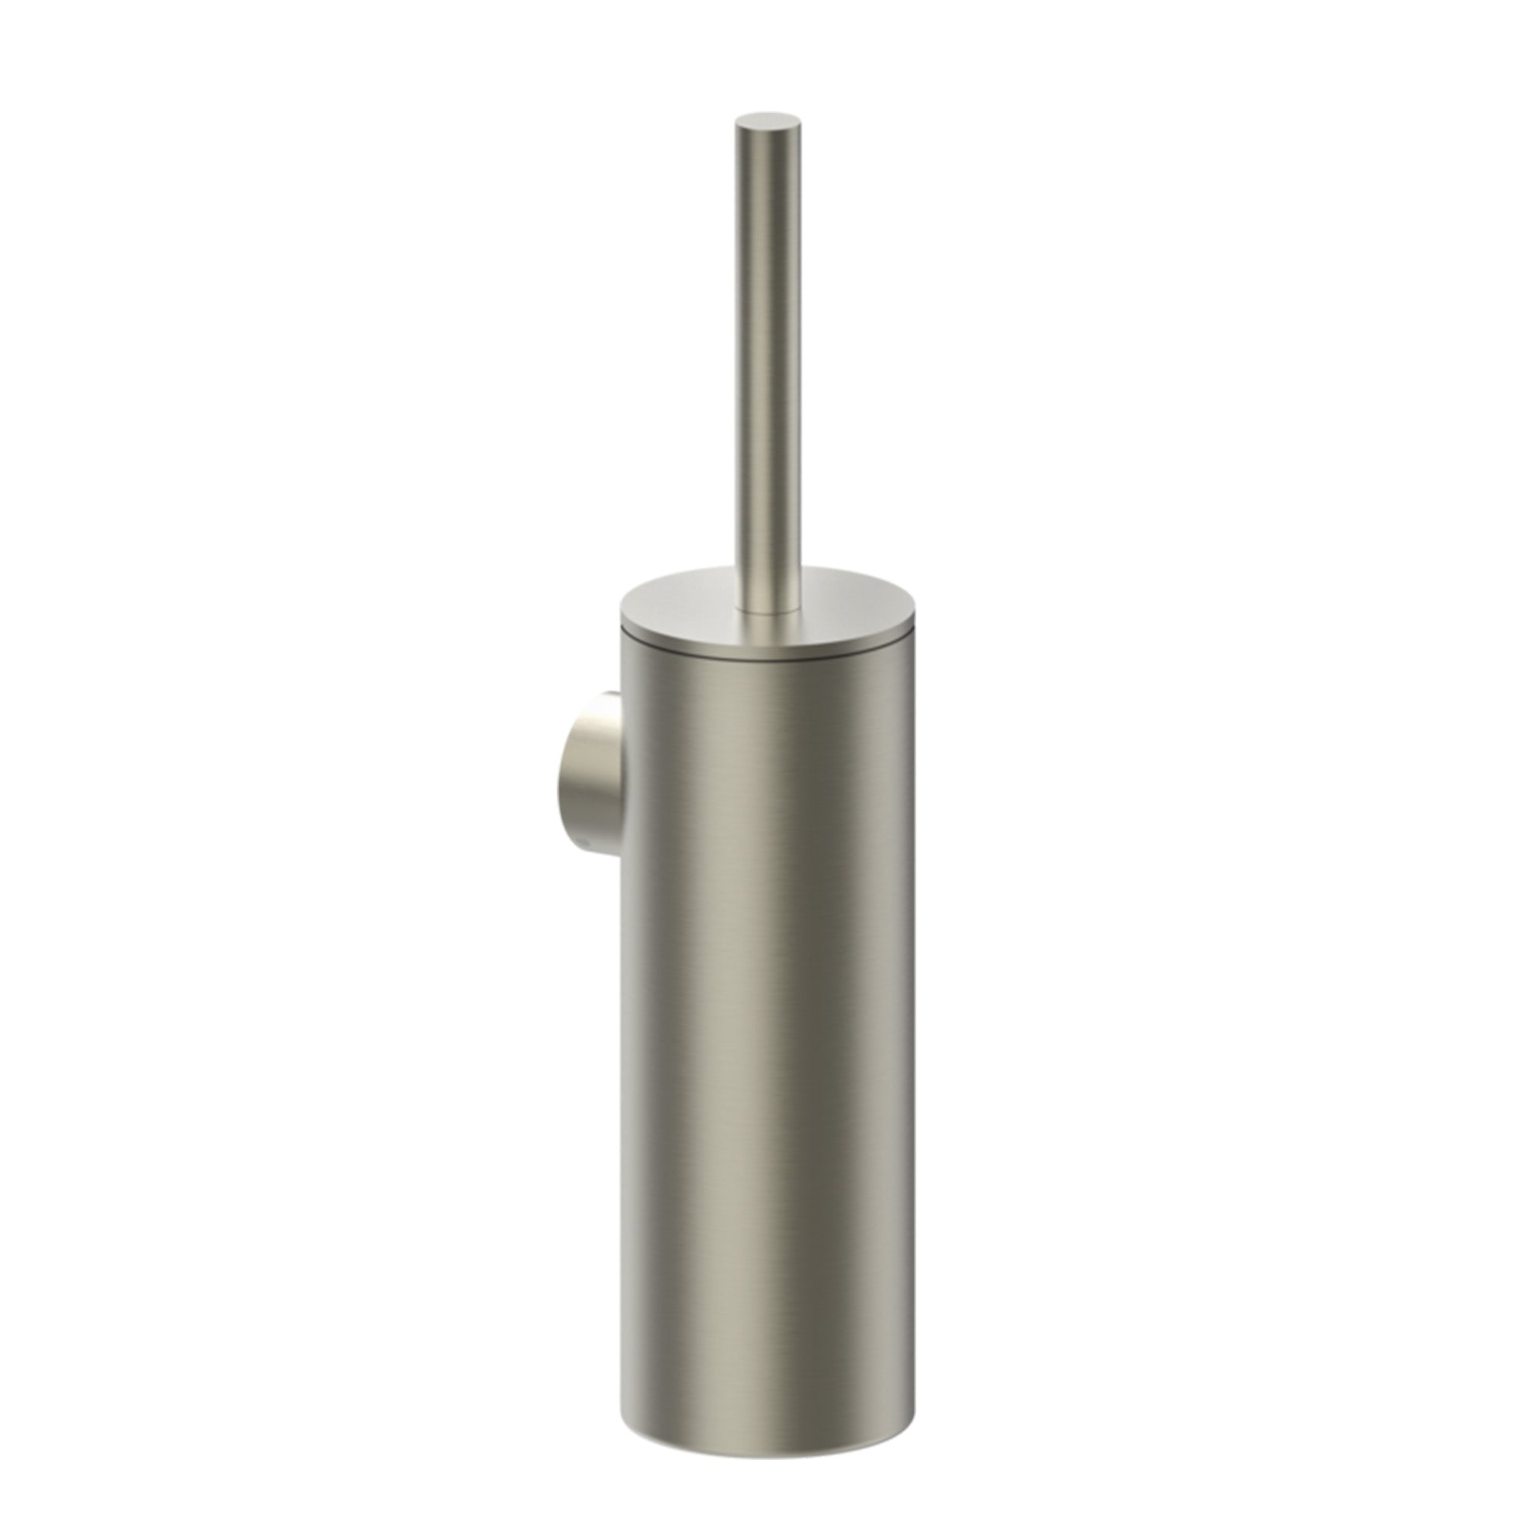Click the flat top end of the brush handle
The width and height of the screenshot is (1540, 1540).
coord(766,122)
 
